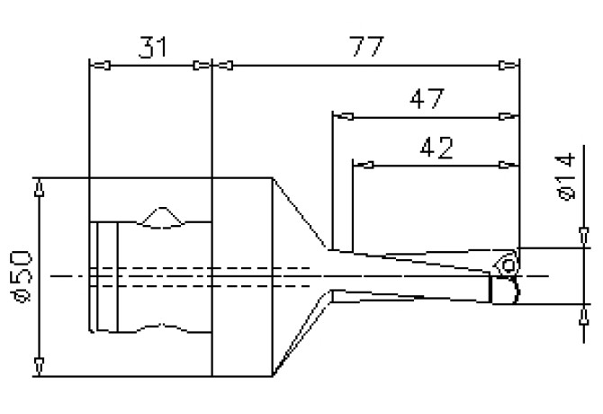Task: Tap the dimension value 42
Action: [436, 147]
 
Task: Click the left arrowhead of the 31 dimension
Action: [102, 65]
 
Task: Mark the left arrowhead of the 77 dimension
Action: [224, 65]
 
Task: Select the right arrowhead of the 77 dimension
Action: [507, 65]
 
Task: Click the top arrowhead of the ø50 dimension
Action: [40, 190]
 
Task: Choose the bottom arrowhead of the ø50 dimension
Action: [40, 364]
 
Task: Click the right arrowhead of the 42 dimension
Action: [507, 165]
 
